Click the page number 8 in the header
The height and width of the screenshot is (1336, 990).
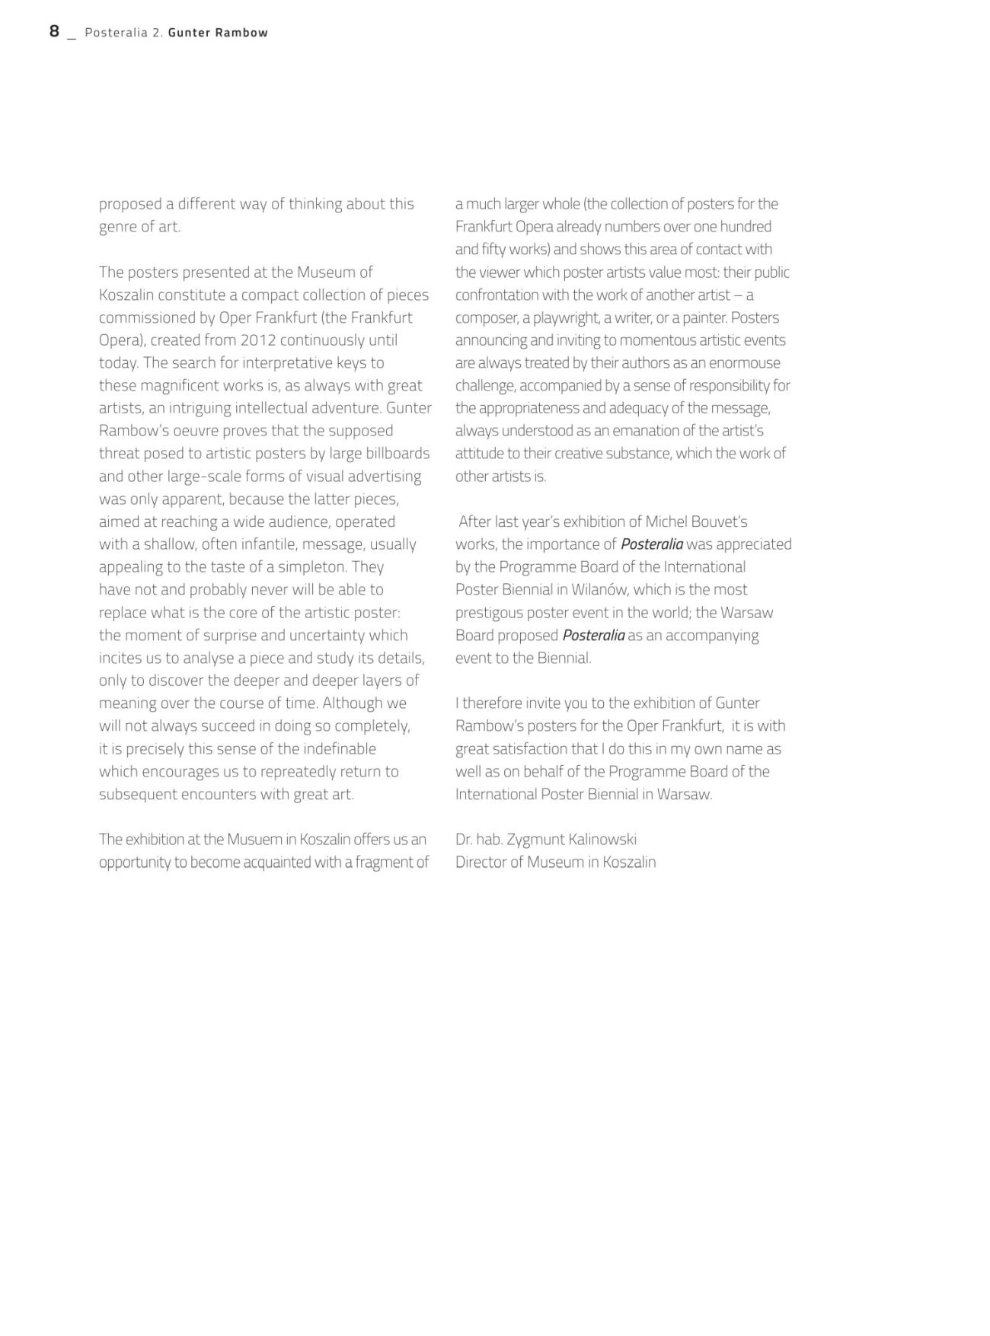tap(54, 31)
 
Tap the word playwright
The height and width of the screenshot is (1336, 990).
tap(565, 317)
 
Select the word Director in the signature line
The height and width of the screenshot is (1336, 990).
tap(482, 863)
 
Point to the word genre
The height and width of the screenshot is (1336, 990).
tap(119, 227)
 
